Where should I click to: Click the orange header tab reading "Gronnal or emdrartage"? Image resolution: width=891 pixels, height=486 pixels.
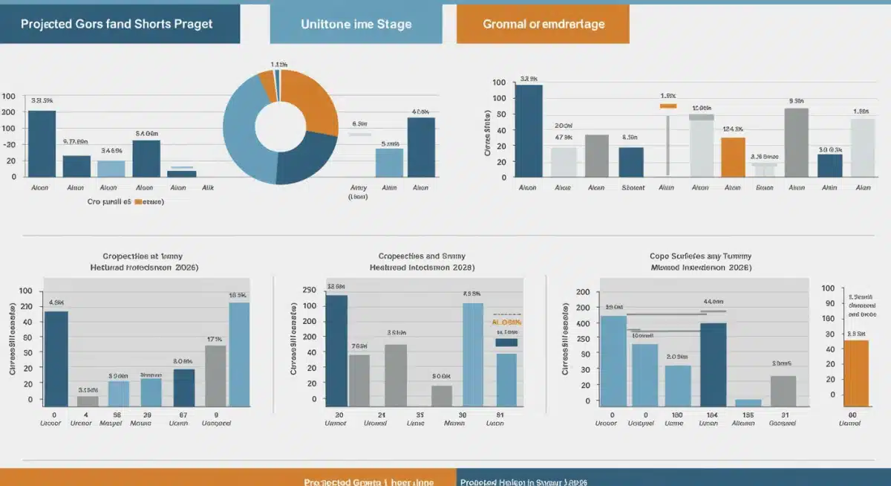pos(543,24)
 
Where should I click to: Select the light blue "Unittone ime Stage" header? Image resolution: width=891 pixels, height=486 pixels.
pos(356,24)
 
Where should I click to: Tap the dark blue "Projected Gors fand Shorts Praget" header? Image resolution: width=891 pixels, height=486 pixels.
pos(119,24)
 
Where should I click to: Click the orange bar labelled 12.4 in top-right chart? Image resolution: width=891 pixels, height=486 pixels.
pos(733,157)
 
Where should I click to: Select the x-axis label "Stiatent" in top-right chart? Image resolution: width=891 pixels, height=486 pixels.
pos(632,188)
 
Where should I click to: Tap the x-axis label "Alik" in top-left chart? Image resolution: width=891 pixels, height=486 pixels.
pos(209,188)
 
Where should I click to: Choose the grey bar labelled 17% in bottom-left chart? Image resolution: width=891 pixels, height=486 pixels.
pos(215,375)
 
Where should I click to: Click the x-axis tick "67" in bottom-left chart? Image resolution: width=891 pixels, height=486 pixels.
pos(183,415)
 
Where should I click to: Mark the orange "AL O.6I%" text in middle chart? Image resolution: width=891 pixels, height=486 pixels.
pos(506,323)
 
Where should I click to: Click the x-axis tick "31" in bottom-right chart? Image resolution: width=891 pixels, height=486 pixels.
pos(783,415)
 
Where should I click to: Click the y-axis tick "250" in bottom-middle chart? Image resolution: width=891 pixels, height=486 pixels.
pos(310,289)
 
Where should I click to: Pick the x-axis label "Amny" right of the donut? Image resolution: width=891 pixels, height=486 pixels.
pos(359,188)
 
